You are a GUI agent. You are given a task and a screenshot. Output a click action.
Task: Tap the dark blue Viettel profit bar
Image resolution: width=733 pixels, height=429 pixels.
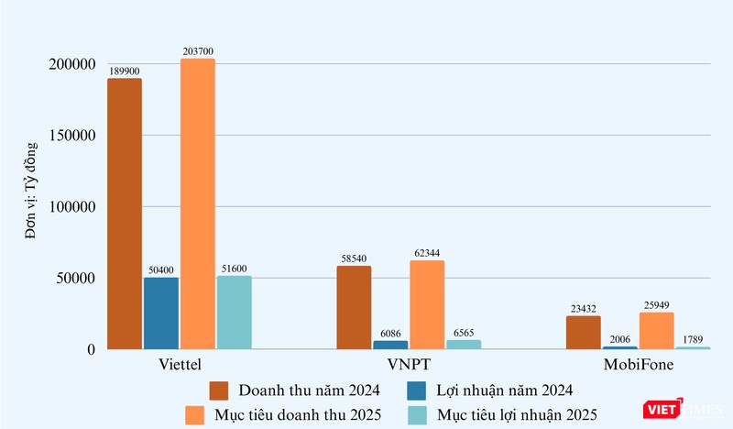161,313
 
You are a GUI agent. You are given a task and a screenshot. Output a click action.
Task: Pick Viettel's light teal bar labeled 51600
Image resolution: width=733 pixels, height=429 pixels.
235,312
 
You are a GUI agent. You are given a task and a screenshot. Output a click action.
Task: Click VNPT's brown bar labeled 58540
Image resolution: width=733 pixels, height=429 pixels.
354,307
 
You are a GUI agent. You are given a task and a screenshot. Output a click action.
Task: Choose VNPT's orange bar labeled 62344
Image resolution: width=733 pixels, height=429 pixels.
427,304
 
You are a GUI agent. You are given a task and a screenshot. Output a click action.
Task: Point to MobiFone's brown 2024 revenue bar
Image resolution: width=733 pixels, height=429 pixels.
583,332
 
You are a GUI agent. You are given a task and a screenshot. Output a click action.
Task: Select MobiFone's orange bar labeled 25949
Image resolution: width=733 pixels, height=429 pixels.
656,330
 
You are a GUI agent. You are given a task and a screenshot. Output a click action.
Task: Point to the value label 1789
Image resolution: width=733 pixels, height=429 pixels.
693,340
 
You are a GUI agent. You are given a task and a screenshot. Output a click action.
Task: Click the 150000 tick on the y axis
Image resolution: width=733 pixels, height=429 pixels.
72,136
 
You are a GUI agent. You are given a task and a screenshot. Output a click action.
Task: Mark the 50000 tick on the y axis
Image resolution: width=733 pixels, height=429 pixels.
76,278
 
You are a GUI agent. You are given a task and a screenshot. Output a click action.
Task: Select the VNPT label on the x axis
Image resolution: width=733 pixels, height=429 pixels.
389,366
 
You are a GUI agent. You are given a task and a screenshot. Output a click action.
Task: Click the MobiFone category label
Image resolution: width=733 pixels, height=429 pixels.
638,366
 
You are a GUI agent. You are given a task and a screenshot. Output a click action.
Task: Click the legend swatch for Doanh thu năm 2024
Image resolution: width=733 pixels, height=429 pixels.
219,390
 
